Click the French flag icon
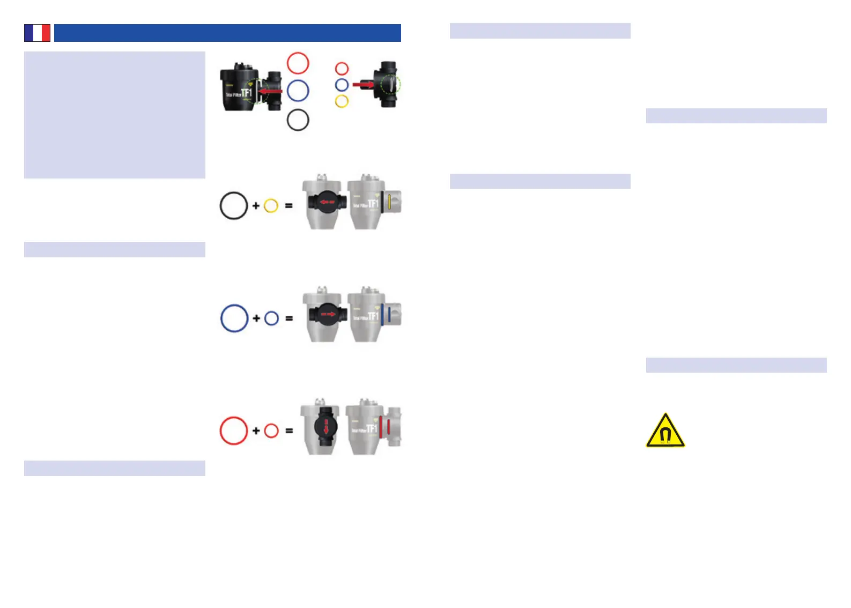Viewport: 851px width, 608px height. coord(37,33)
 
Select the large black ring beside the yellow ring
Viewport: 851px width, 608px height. coord(234,205)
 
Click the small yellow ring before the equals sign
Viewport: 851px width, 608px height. coord(271,205)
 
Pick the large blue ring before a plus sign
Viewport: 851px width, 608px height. coord(234,318)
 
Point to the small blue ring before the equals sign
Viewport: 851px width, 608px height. coord(271,318)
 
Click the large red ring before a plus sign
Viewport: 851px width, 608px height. coord(234,431)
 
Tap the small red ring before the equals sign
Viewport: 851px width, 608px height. coord(271,431)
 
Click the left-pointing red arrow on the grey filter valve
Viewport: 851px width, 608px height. coord(327,203)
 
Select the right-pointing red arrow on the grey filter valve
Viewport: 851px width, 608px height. coord(328,314)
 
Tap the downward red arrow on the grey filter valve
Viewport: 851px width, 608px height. coord(326,426)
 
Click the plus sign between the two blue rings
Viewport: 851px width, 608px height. coord(256,318)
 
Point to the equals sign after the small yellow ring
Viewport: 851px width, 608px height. coord(289,205)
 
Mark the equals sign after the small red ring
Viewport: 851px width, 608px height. coord(289,431)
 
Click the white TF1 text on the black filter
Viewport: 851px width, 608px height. coord(246,93)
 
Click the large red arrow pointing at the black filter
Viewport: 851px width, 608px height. coord(270,91)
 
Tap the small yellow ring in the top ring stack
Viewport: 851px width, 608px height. coord(342,101)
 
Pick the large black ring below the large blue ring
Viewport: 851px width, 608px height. coord(298,120)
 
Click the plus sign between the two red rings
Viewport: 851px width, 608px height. coord(256,431)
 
